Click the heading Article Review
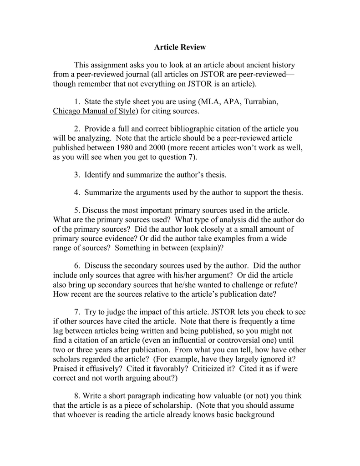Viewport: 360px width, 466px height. point(180,47)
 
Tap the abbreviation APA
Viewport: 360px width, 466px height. point(233,102)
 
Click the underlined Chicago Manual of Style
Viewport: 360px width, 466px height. point(94,111)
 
